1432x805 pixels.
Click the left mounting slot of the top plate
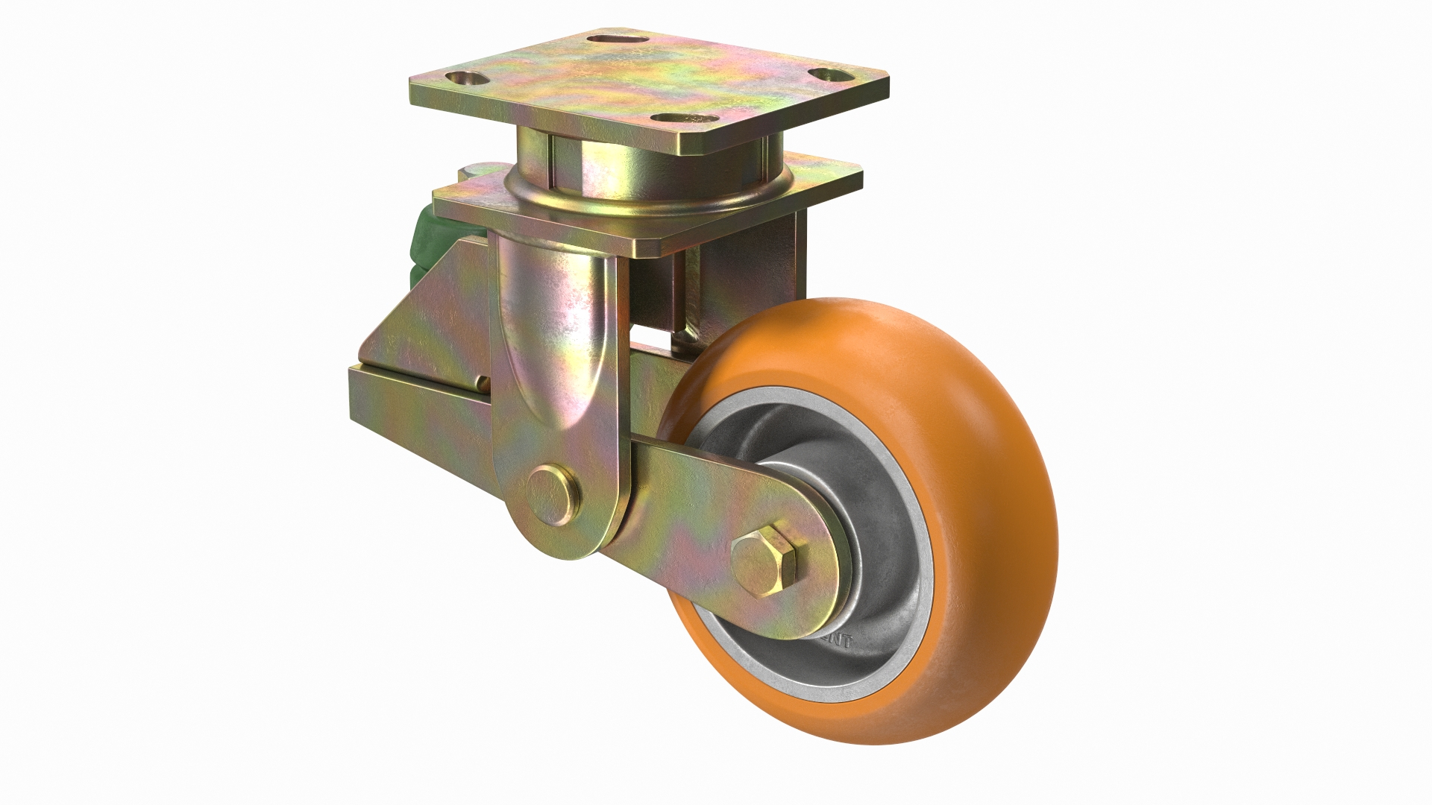click(x=463, y=78)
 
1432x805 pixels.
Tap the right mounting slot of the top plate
click(x=829, y=75)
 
